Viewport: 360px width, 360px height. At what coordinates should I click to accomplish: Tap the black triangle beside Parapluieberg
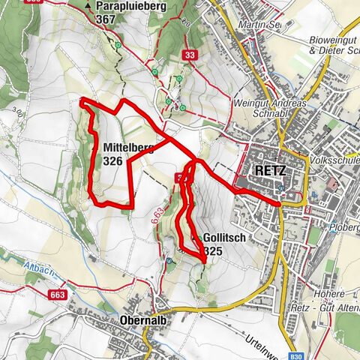[88, 6]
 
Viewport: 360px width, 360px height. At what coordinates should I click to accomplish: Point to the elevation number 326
[113, 160]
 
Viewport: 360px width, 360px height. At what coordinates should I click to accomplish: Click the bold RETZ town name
[270, 171]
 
